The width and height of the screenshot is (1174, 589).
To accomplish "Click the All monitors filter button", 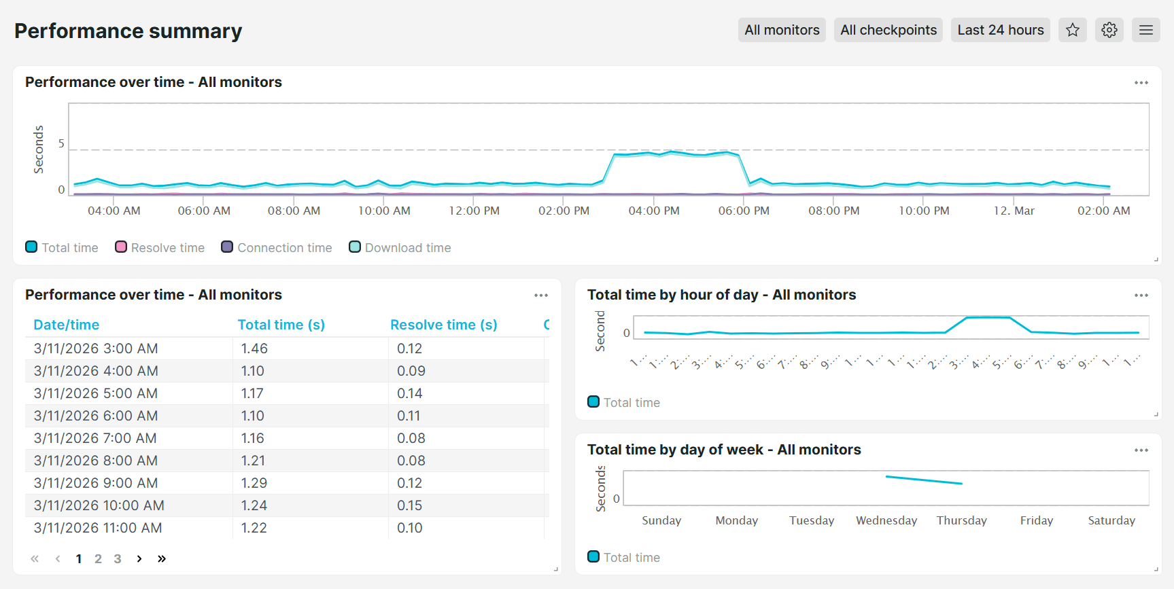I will coord(782,30).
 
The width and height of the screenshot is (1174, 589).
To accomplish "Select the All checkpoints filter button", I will coord(888,30).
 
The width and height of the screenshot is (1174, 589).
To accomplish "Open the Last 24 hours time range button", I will coord(1000,30).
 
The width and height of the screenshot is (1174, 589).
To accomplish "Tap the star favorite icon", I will coord(1073,30).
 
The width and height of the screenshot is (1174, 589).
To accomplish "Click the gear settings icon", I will coord(1109,30).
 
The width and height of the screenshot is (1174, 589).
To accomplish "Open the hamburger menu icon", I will coord(1146,30).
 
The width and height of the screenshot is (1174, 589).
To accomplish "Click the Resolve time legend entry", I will coord(160,247).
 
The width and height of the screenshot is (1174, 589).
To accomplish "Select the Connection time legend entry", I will coord(277,247).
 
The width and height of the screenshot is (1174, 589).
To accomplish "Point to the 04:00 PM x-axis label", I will coord(654,211).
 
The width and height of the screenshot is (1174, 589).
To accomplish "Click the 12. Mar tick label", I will coord(1014,211).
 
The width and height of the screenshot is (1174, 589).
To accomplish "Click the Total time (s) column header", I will coord(281,325).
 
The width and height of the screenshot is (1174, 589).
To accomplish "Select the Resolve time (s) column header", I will coord(443,325).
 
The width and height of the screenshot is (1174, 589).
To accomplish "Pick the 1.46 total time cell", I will coord(254,349).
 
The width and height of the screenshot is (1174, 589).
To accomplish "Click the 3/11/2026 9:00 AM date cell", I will coord(96,483).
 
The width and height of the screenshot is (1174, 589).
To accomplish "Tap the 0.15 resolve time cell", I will coord(409,505).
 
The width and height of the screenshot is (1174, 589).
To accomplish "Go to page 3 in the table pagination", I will coord(118,558).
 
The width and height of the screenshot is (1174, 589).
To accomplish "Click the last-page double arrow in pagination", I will coord(162,558).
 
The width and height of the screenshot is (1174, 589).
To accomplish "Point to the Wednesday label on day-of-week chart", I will coord(886,520).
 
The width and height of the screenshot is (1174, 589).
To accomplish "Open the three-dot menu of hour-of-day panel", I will coord(1141,295).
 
